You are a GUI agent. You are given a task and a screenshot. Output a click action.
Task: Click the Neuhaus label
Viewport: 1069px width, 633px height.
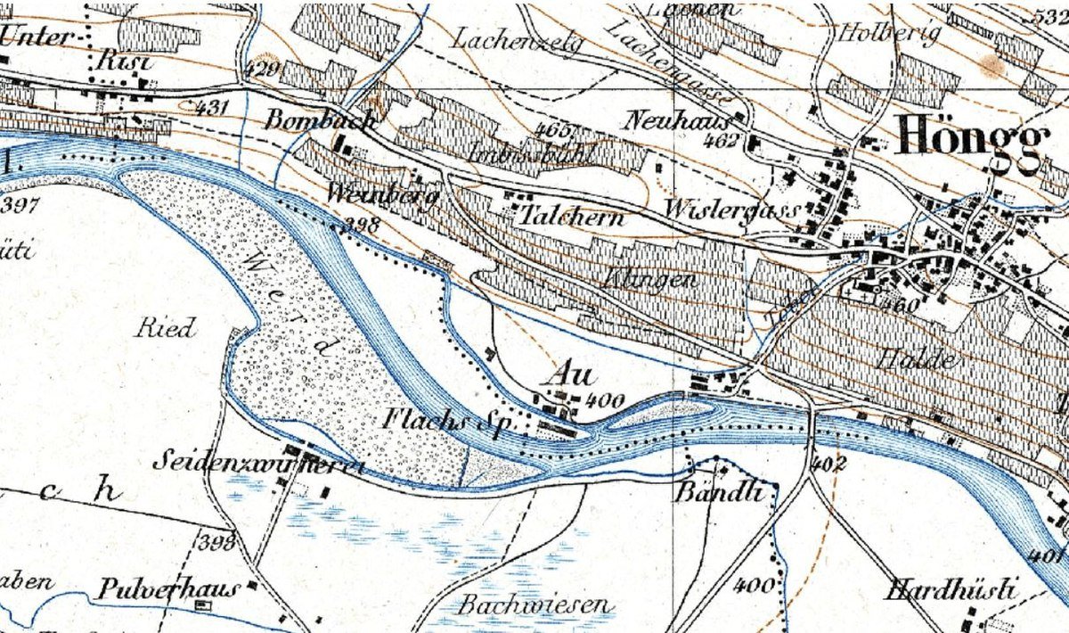[677, 120]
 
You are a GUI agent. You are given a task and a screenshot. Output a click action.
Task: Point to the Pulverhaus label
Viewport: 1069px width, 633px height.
[169, 589]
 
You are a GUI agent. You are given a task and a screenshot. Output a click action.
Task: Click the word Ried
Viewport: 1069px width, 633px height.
[165, 328]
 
